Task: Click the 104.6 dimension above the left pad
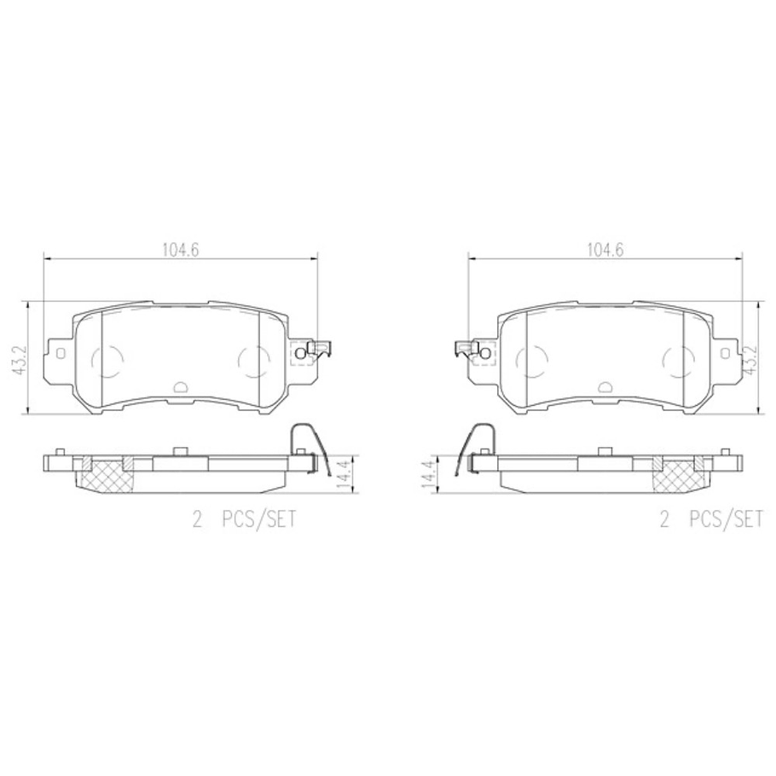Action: point(180,251)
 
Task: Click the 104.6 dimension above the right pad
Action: point(605,251)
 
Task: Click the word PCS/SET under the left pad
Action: point(259,520)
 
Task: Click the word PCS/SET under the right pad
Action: point(727,520)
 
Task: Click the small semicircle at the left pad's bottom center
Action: point(180,386)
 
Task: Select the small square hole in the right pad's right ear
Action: point(726,351)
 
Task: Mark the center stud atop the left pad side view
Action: point(179,452)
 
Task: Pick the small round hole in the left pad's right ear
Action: point(299,351)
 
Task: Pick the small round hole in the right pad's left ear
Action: point(485,351)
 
